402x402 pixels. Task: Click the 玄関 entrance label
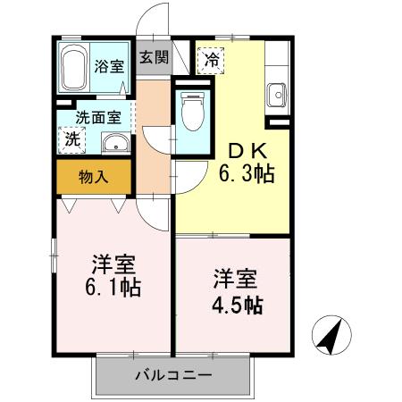(x=154, y=59)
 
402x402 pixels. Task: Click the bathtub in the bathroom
(x=73, y=66)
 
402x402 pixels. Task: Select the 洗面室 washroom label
(x=94, y=116)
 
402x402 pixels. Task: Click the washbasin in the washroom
(x=113, y=143)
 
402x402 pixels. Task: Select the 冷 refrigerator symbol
(x=212, y=61)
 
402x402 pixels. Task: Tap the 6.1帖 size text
(x=113, y=288)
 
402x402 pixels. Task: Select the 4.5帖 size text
(x=237, y=303)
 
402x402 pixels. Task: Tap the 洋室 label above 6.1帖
(x=113, y=264)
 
